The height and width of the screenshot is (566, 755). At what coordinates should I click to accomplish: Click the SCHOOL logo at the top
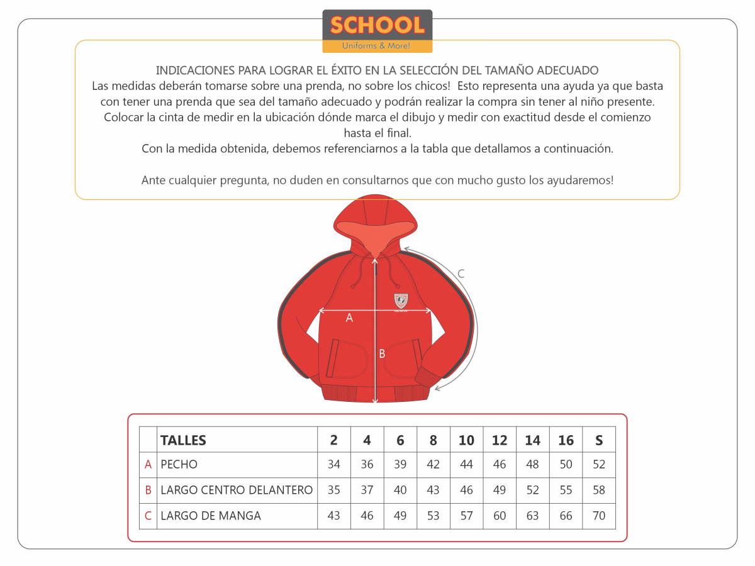click(x=377, y=30)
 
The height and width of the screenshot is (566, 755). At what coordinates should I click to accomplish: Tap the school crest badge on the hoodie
click(x=401, y=301)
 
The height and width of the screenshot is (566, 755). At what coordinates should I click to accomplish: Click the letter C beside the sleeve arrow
click(x=461, y=274)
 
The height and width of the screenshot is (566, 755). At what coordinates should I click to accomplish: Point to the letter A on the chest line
click(x=350, y=318)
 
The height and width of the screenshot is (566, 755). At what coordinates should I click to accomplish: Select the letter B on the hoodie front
click(x=382, y=353)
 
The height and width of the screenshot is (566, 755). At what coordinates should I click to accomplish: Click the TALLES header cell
click(x=183, y=440)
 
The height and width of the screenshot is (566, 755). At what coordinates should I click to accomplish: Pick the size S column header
click(x=599, y=440)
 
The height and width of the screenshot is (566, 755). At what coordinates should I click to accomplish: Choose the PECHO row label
click(x=179, y=465)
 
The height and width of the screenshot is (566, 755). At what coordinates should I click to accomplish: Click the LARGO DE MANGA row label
click(x=211, y=516)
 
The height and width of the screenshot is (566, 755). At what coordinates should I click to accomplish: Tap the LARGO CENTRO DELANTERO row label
click(x=237, y=491)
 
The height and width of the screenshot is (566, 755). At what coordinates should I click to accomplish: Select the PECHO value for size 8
click(x=433, y=465)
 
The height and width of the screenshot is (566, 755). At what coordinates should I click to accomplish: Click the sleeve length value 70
click(x=599, y=516)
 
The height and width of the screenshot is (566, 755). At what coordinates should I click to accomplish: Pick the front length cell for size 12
click(x=500, y=491)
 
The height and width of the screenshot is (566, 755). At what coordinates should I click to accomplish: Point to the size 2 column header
click(x=334, y=440)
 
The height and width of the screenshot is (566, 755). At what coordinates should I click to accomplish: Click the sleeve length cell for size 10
click(x=466, y=516)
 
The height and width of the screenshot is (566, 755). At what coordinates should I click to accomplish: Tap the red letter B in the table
click(x=148, y=491)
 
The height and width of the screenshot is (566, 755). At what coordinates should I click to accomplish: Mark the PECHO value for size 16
click(x=566, y=465)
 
